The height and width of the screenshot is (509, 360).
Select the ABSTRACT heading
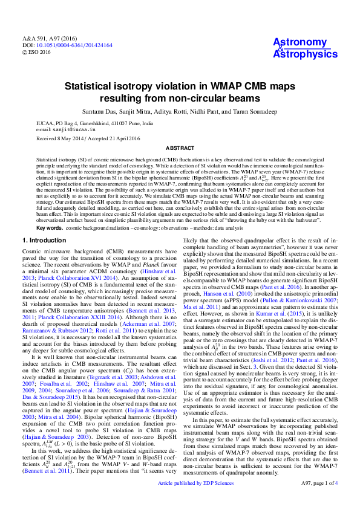coord(180,148)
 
